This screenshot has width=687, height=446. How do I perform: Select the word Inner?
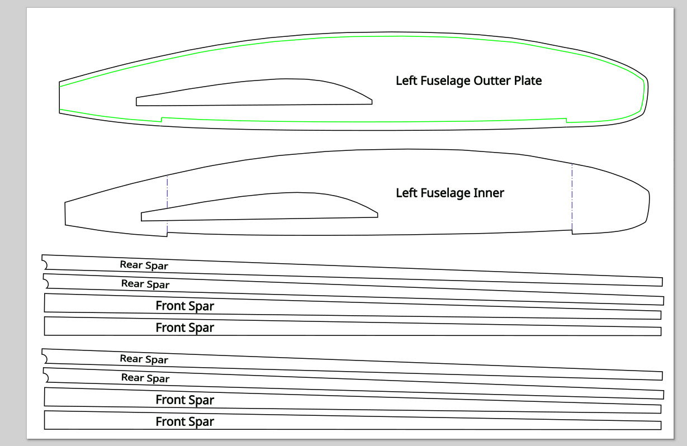(489, 193)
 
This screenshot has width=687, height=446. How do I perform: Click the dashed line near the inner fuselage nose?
(572, 196)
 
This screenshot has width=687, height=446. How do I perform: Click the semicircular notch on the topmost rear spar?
(45, 262)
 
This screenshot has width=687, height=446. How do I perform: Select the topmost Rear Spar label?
(144, 265)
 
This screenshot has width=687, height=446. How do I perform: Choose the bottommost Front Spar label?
(184, 421)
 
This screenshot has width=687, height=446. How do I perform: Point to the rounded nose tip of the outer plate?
(646, 92)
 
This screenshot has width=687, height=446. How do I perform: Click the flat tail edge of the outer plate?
(59, 98)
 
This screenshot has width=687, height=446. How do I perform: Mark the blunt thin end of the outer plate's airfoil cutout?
(136, 101)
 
